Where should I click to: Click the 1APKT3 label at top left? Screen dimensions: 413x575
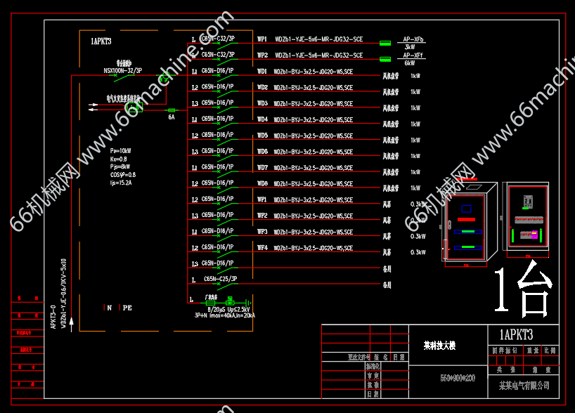pyautogui.click(x=101, y=41)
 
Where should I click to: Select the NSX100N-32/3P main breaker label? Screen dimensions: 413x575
pyautogui.click(x=123, y=70)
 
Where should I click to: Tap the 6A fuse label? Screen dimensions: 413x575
pyautogui.click(x=171, y=117)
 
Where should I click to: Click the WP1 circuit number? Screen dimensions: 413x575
pyautogui.click(x=262, y=39)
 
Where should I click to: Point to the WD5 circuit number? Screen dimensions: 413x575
pyautogui.click(x=262, y=136)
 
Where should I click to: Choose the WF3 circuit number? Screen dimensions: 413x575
pyautogui.click(x=262, y=232)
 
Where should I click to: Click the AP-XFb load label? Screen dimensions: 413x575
pyautogui.click(x=413, y=39)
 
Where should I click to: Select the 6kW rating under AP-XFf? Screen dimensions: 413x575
pyautogui.click(x=410, y=63)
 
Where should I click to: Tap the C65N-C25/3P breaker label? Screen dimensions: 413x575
pyautogui.click(x=219, y=279)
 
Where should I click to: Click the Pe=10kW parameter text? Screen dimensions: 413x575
pyautogui.click(x=121, y=151)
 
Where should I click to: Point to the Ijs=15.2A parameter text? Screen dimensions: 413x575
pyautogui.click(x=122, y=182)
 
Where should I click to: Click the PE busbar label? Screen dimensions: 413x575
pyautogui.click(x=127, y=308)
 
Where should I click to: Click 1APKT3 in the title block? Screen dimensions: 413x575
pyautogui.click(x=516, y=334)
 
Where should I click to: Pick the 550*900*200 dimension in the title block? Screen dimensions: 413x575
pyautogui.click(x=457, y=378)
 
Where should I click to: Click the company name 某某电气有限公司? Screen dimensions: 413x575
pyautogui.click(x=524, y=386)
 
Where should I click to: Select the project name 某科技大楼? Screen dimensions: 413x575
pyautogui.click(x=440, y=346)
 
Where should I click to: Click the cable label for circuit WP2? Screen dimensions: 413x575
pyautogui.click(x=318, y=55)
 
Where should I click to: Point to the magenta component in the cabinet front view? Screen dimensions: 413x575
pyautogui.click(x=534, y=235)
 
